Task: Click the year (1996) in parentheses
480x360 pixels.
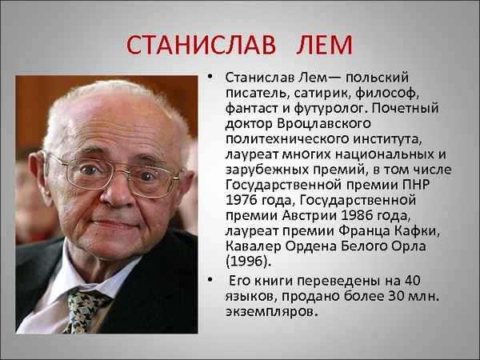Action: [x=249, y=260]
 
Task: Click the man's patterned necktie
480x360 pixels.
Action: [x=86, y=308]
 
